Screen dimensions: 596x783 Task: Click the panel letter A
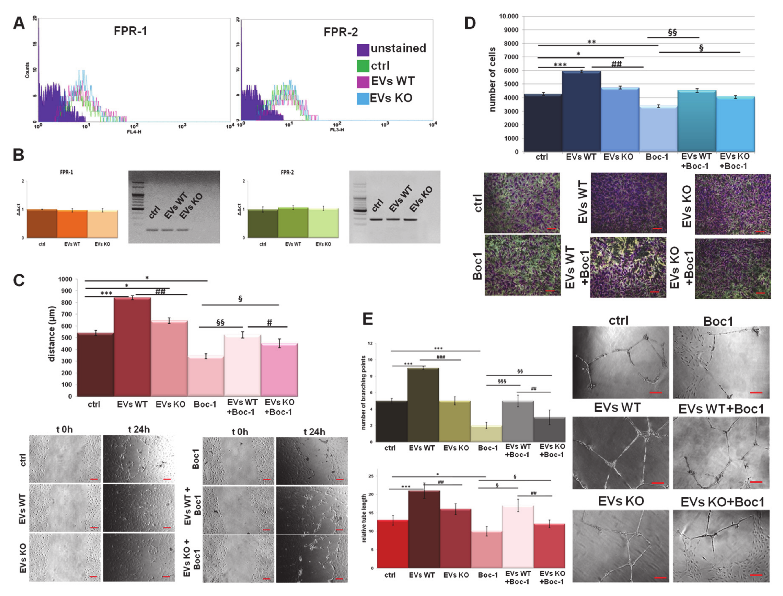(19, 24)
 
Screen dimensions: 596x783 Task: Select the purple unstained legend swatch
(363, 50)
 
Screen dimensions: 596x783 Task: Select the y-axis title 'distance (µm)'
(52, 333)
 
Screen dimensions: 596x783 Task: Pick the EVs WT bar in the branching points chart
(423, 404)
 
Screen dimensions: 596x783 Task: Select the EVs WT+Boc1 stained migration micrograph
(628, 267)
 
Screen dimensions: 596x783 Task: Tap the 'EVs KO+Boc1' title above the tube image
(722, 502)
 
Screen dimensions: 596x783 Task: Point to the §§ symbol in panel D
(672, 33)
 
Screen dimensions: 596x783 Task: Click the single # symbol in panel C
(269, 322)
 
